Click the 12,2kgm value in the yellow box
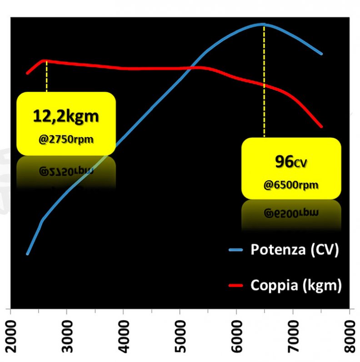(x=65, y=116)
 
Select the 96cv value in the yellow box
(x=291, y=162)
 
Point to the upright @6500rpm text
(x=291, y=184)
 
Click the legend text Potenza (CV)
(x=295, y=250)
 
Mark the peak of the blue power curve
(x=263, y=24)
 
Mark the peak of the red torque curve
(x=44, y=60)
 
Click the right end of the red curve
(x=321, y=126)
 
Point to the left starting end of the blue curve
(x=28, y=254)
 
